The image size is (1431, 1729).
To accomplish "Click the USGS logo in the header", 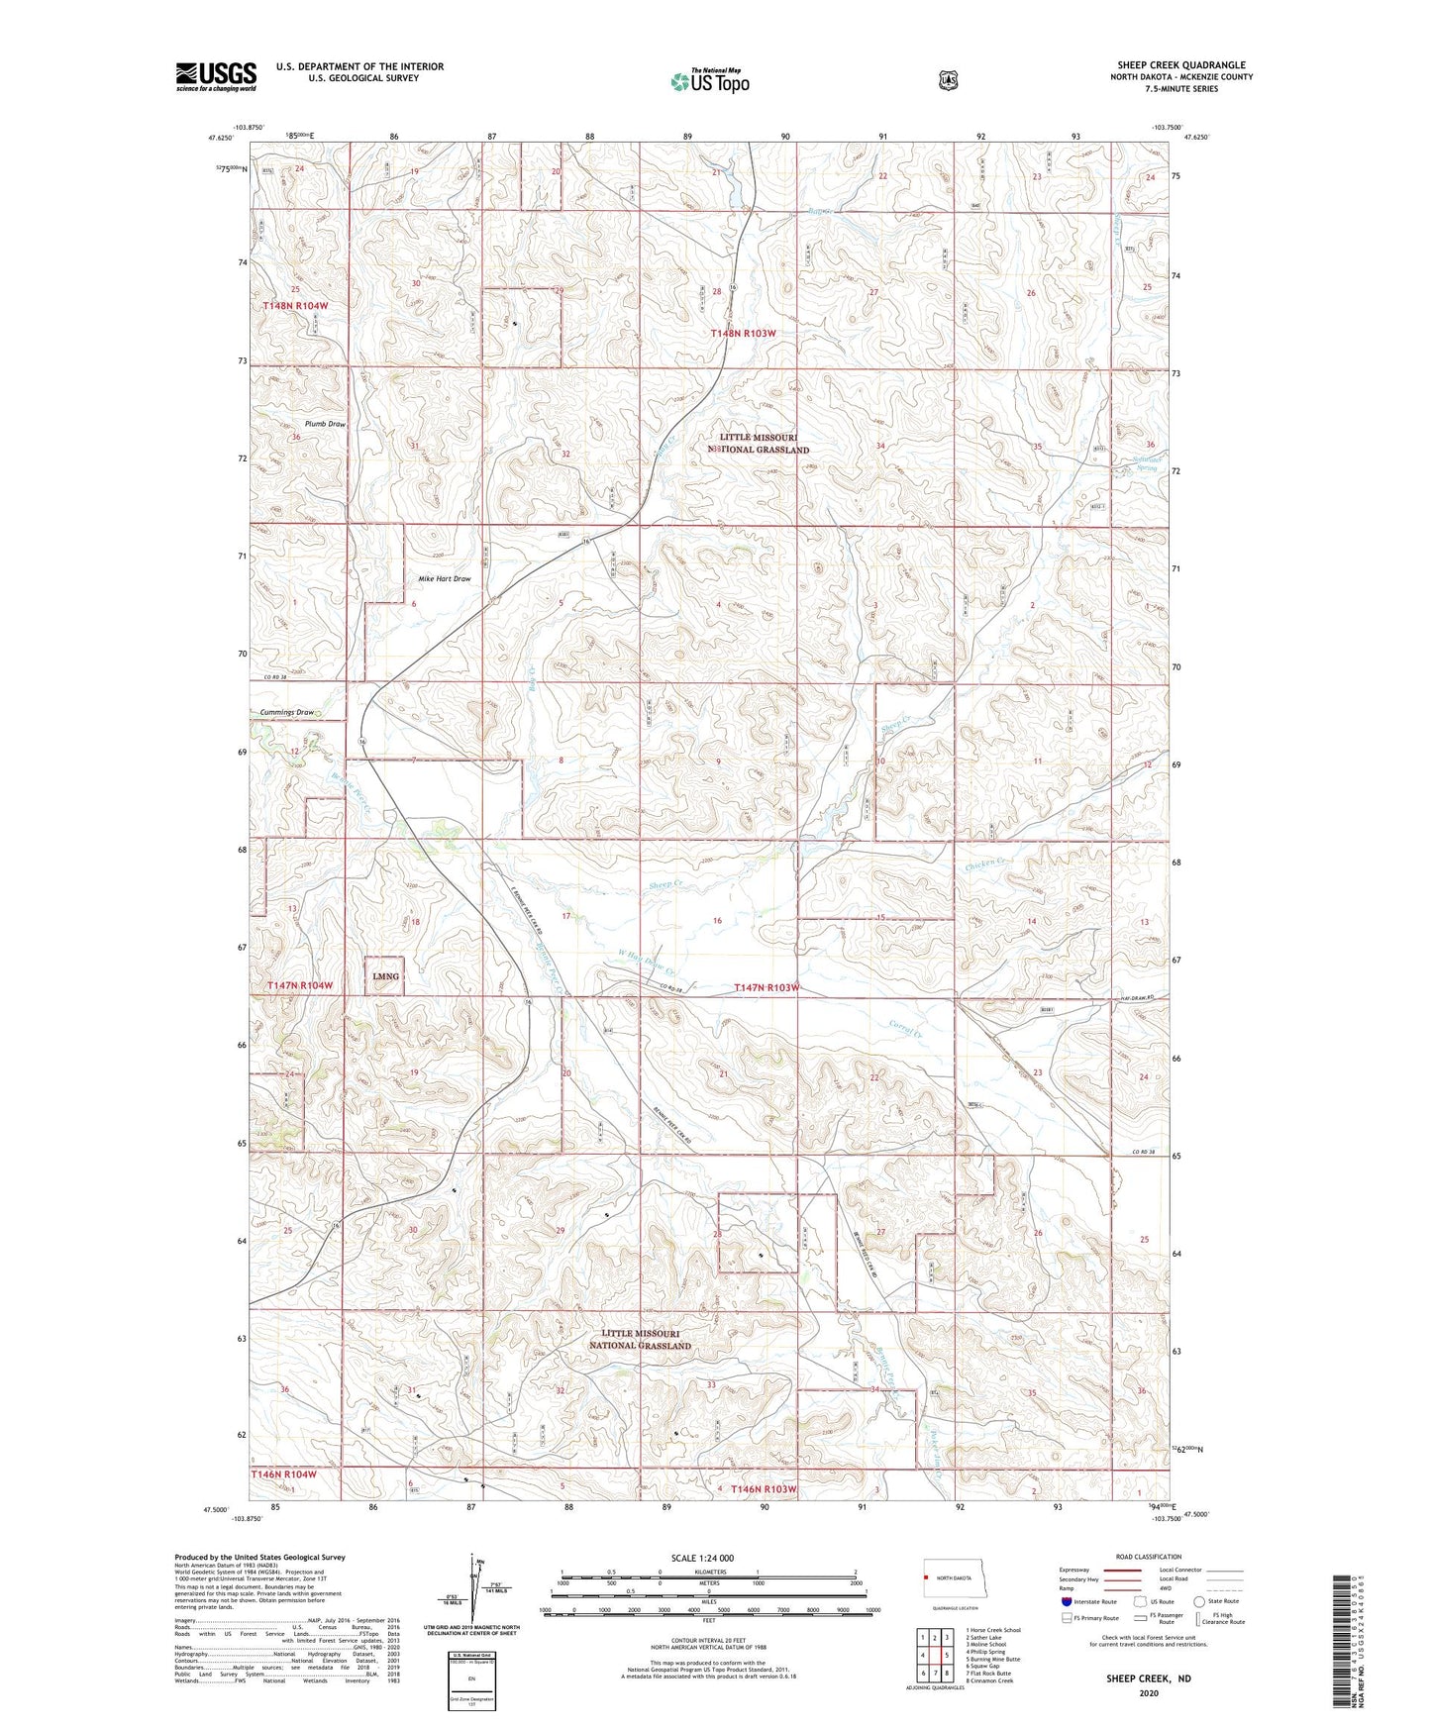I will click(216, 76).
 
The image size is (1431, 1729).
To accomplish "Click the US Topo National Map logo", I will click(708, 81).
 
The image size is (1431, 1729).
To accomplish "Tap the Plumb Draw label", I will click(325, 424).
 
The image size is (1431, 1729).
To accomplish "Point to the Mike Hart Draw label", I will click(444, 578).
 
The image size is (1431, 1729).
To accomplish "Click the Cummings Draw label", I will click(286, 712).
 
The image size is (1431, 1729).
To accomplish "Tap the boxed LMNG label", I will click(385, 975).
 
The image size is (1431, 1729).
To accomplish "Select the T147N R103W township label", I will click(766, 987).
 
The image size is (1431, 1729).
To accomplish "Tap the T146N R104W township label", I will click(283, 1474).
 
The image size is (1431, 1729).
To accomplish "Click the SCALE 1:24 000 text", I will click(702, 1558).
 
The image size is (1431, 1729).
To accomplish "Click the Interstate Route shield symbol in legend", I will click(1066, 1601).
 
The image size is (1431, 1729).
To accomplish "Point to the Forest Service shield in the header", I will click(948, 79).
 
